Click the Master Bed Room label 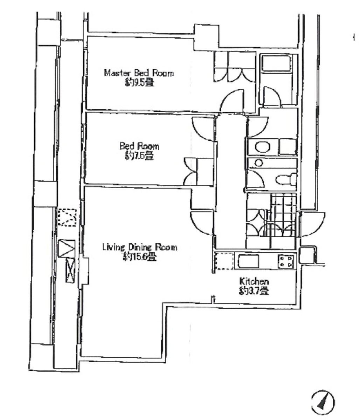click(139, 73)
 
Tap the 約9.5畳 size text click(139, 83)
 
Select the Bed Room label click(139, 146)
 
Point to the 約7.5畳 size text click(139, 156)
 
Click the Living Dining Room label click(140, 247)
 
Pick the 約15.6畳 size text click(140, 257)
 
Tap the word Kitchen click(254, 281)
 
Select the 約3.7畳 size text click(254, 291)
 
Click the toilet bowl click(286, 179)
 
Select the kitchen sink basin click(248, 261)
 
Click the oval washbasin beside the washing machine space click(262, 147)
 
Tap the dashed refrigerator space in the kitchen click(224, 261)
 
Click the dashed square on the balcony click(67, 217)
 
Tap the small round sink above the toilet click(259, 163)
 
